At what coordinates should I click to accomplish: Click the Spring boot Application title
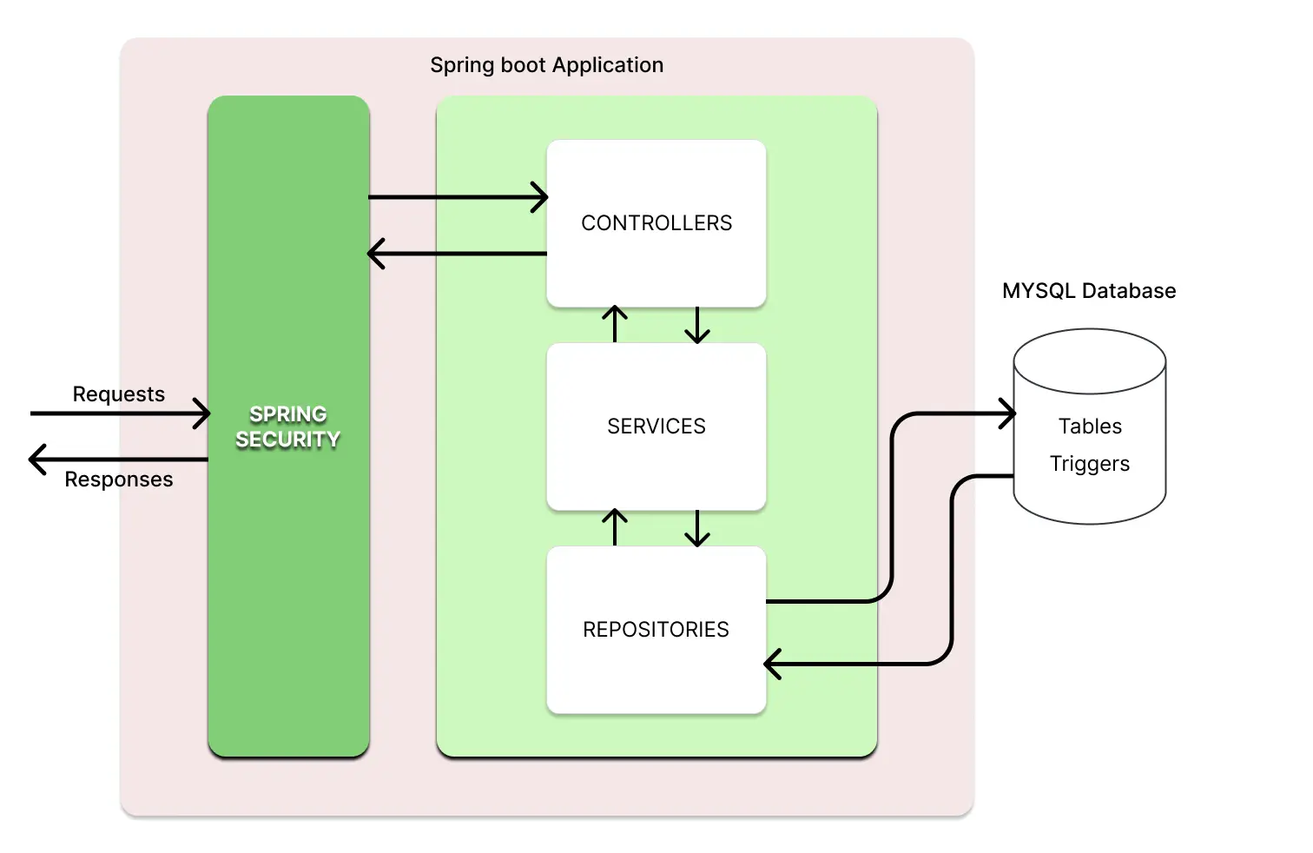coord(546,65)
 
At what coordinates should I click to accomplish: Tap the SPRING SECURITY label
coord(287,426)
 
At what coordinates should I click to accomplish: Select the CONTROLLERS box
coord(656,223)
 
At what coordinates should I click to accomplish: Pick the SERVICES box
coord(656,426)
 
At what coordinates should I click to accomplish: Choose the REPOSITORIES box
coord(656,630)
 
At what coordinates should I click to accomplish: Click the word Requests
coord(118,394)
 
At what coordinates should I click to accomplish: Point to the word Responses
coord(118,479)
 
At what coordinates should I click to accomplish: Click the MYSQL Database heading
coord(1088,291)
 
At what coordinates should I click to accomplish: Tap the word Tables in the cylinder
coord(1090,426)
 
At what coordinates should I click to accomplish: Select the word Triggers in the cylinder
coord(1089,464)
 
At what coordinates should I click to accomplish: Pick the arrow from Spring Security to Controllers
coord(458,197)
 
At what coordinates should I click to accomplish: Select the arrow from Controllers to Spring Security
coord(458,254)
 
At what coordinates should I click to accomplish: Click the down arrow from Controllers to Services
coord(697,325)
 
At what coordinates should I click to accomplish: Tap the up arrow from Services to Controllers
coord(615,324)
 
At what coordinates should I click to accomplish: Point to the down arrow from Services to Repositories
coord(697,528)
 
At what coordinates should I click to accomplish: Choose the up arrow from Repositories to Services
coord(615,527)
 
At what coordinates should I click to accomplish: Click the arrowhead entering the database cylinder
coord(1007,413)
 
